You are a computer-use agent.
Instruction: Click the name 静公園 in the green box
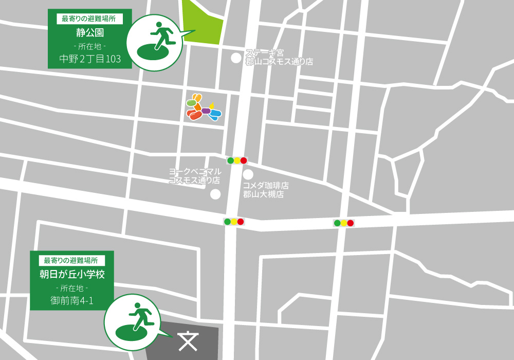point(90,33)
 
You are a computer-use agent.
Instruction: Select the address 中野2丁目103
point(90,59)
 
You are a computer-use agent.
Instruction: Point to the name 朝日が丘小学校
point(72,274)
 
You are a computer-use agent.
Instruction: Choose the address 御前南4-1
point(71,300)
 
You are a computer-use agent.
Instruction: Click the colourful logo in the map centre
point(204,108)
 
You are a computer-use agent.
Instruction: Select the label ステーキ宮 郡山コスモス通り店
point(279,57)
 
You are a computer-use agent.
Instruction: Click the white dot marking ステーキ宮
point(236,58)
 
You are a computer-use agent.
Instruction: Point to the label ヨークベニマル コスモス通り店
point(195,176)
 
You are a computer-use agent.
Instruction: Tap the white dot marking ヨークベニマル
point(215,194)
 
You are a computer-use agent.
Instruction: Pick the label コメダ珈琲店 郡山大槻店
point(266,190)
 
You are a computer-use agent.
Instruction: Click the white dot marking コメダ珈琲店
point(248,175)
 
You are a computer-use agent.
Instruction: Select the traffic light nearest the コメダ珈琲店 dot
point(237,160)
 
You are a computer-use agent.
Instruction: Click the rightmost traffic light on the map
point(343,223)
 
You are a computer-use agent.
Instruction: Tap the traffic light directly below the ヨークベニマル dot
point(234,222)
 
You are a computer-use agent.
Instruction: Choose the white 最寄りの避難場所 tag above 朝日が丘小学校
point(71,260)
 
